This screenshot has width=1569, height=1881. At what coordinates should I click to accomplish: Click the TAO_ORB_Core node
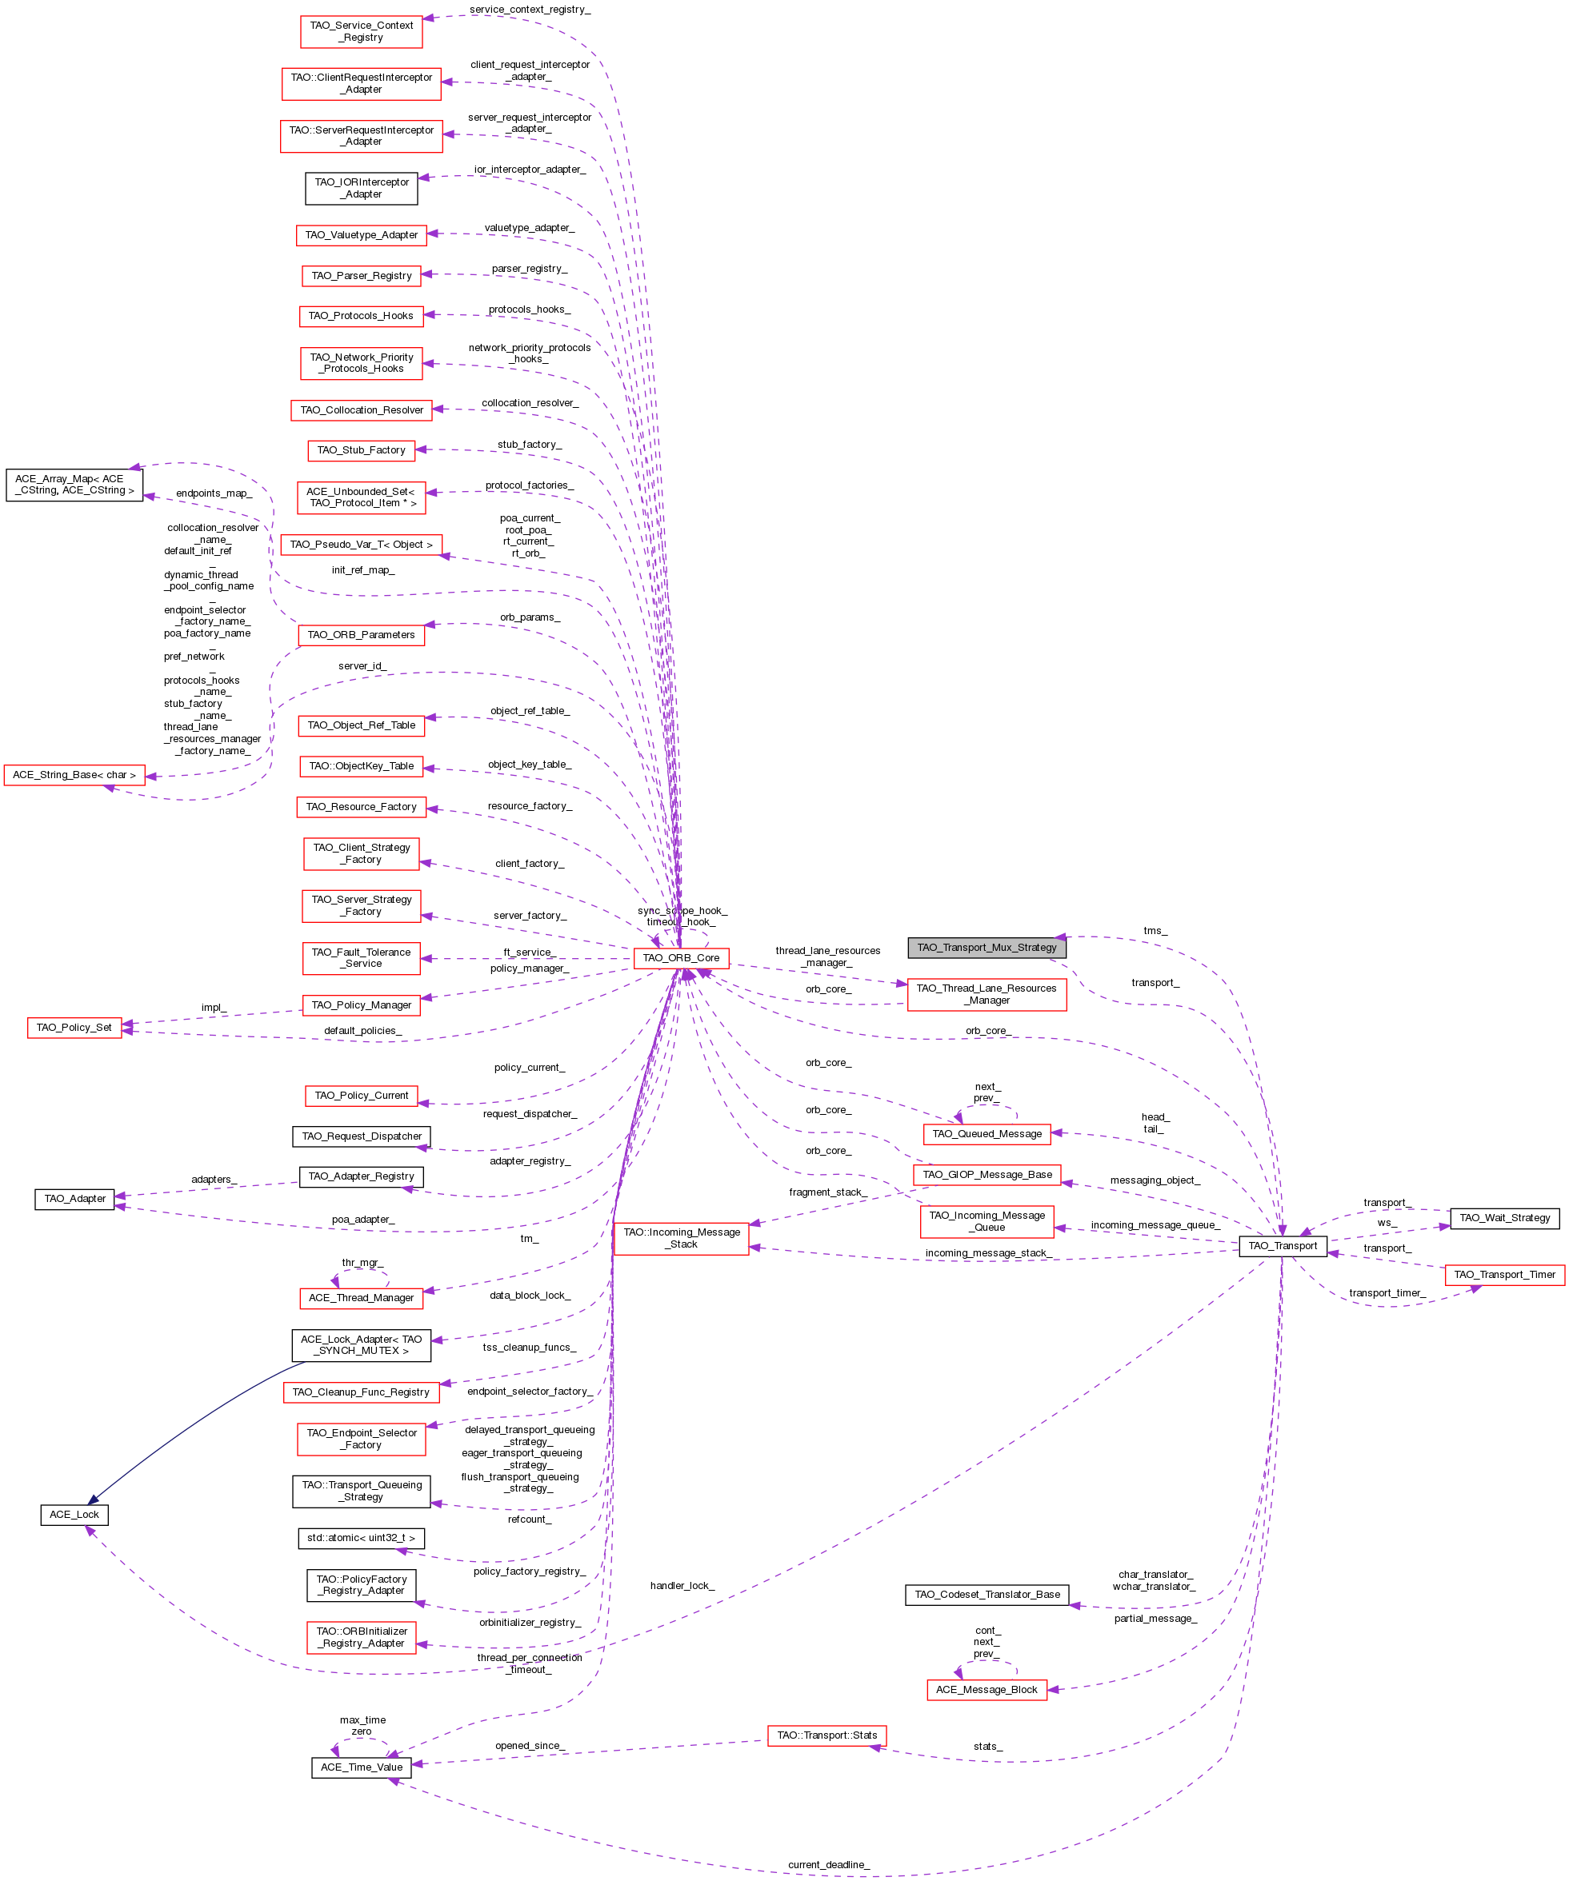click(680, 957)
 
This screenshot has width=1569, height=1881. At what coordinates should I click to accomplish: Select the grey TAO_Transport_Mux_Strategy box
click(986, 947)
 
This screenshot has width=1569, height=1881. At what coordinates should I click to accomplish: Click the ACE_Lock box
click(74, 1514)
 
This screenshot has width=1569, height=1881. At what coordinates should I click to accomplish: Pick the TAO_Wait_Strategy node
click(1503, 1217)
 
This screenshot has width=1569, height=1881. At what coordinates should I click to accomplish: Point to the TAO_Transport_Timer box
click(1503, 1274)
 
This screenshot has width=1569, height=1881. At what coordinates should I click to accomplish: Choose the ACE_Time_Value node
click(361, 1767)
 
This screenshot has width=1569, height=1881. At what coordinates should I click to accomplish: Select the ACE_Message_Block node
click(986, 1689)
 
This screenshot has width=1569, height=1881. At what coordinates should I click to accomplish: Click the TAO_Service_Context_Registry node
click(361, 31)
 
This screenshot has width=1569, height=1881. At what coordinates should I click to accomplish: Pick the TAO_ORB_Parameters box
click(361, 634)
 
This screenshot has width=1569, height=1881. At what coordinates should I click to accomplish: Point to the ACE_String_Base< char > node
click(74, 774)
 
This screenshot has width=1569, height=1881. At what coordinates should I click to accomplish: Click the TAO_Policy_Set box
click(74, 1027)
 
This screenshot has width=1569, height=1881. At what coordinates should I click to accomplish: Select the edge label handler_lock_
click(682, 1584)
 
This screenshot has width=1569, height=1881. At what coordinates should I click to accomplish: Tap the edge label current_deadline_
click(828, 1864)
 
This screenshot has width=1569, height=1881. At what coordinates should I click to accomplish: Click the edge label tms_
click(1155, 930)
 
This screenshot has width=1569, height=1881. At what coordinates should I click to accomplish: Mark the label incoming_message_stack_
click(987, 1252)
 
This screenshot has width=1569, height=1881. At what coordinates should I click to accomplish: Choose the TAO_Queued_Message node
click(987, 1133)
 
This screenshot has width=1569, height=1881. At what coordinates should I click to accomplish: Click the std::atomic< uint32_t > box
click(361, 1537)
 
